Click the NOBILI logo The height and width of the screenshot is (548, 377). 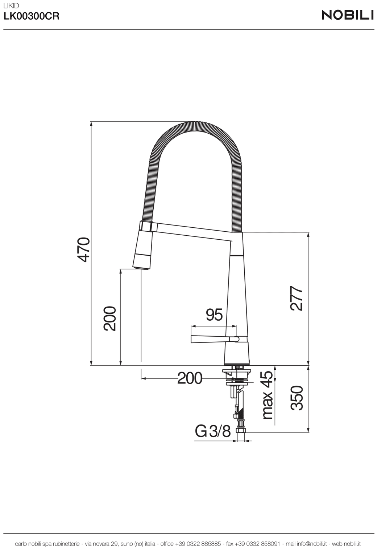pos(348,15)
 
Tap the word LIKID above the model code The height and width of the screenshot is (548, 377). pos(11,6)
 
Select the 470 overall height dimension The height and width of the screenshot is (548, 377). pos(84,249)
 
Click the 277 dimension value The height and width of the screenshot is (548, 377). pos(297,299)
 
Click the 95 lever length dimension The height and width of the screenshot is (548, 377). pos(214,315)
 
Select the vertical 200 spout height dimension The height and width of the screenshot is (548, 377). pos(110,318)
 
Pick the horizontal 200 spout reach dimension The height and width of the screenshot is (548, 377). pos(190,378)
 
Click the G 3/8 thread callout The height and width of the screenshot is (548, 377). pos(213,431)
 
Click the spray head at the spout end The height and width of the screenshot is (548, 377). pos(143,251)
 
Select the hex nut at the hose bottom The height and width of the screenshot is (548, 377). pos(241,431)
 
